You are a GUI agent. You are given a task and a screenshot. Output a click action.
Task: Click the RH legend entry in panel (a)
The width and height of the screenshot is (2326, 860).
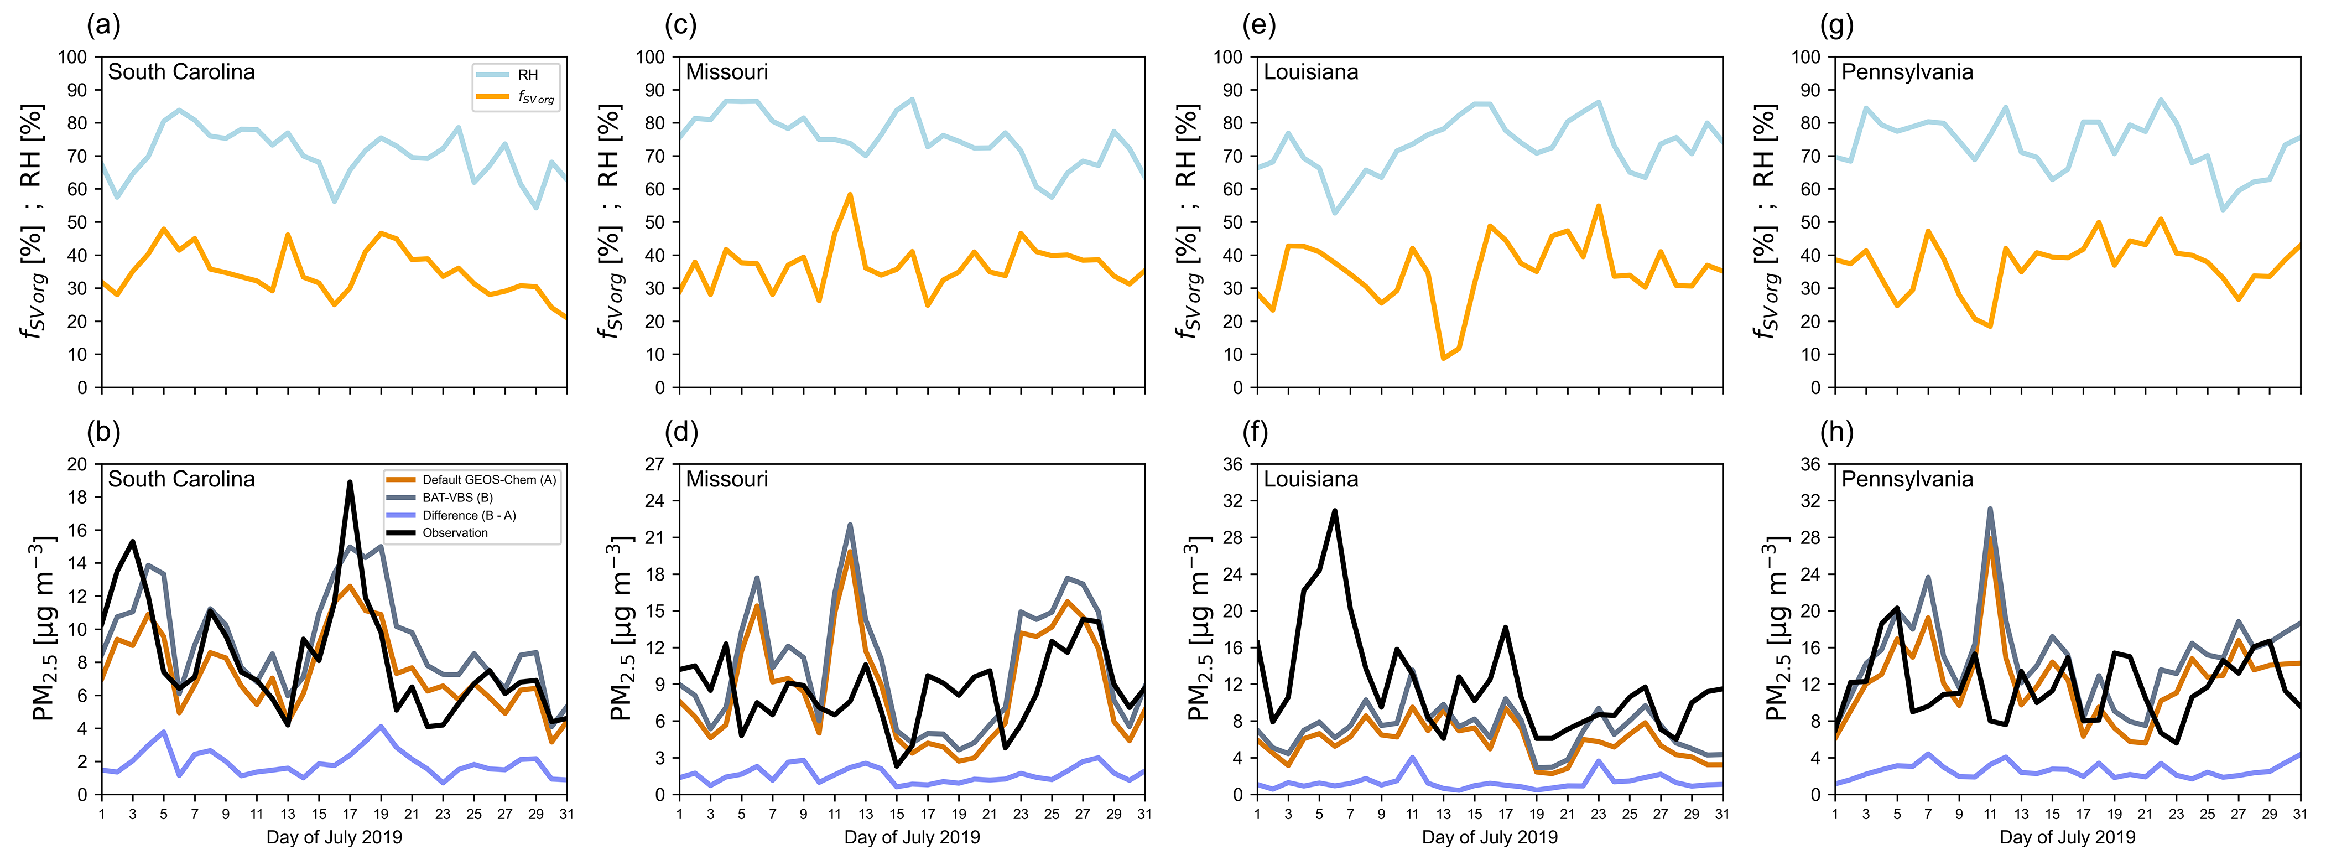527,75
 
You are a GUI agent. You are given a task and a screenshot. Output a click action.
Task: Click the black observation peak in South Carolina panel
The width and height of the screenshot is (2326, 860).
350,483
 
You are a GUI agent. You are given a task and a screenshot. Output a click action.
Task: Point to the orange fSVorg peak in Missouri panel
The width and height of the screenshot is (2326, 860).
850,194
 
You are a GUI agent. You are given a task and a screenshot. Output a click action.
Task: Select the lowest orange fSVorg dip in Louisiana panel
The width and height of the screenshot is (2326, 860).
1443,359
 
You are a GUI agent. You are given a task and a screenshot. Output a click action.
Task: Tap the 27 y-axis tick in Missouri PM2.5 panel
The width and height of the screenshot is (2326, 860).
654,464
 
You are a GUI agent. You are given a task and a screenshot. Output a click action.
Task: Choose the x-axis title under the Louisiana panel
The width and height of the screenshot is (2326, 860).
1490,837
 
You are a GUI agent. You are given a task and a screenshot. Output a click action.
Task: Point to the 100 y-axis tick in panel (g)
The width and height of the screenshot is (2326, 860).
1806,57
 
